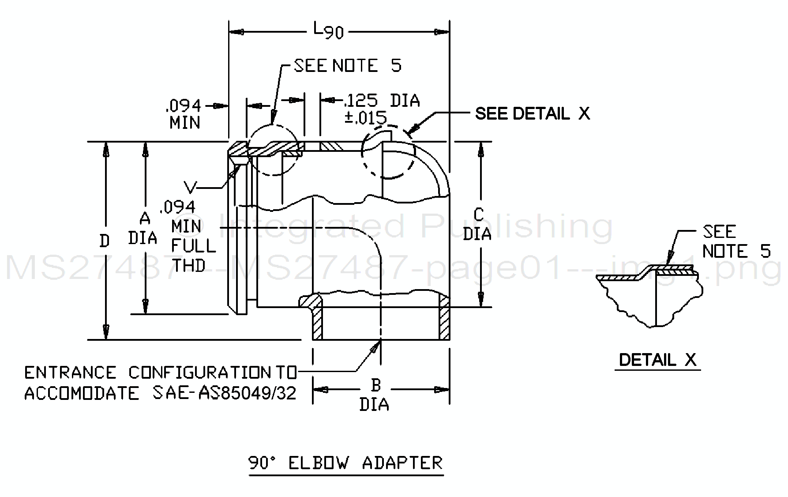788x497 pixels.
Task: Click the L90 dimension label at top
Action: (x=328, y=31)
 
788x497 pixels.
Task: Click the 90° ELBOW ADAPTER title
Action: (x=345, y=463)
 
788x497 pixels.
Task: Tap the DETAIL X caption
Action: (x=657, y=360)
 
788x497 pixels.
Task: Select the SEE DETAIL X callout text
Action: (x=532, y=114)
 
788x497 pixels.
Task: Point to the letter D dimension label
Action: (x=105, y=241)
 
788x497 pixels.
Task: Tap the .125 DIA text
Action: (x=382, y=101)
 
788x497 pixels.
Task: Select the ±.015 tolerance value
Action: (x=365, y=118)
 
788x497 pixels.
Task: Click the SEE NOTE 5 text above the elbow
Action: (x=348, y=66)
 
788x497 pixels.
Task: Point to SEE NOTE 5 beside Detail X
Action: (x=736, y=241)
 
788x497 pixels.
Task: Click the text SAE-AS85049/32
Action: (x=225, y=393)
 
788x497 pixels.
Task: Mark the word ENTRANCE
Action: (x=70, y=373)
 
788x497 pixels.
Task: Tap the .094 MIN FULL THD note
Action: (x=189, y=237)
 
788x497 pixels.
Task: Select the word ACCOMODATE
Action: (x=82, y=393)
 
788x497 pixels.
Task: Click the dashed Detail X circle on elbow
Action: (x=388, y=152)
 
